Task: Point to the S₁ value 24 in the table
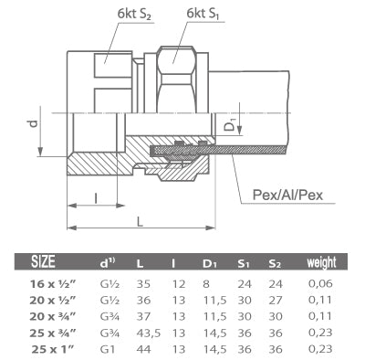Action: pos(245,284)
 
